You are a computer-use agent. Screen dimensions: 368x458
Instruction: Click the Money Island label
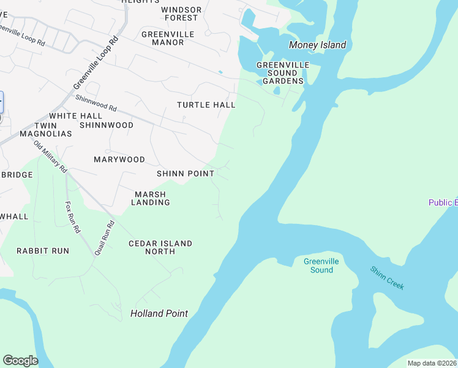[317, 45]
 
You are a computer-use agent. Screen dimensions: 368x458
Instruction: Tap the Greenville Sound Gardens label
[280, 73]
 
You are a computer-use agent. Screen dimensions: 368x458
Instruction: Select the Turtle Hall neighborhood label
[206, 105]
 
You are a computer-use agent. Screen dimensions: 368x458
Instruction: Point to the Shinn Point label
[186, 174]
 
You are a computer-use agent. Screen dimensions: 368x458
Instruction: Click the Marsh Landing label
[151, 198]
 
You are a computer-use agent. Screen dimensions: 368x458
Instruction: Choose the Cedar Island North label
[160, 247]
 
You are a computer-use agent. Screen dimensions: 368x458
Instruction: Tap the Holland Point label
[159, 313]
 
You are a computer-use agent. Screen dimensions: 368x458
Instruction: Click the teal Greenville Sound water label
[321, 266]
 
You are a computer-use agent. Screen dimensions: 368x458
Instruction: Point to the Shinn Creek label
[386, 278]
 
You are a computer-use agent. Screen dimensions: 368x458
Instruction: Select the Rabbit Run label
[43, 251]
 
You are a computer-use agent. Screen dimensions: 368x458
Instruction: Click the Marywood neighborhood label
[119, 159]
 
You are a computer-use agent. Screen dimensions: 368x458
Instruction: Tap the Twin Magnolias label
[46, 129]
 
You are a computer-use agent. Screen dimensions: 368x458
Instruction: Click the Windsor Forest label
[181, 13]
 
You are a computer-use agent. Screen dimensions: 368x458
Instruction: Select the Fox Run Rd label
[72, 218]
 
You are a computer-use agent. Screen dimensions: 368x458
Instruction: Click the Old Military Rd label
[50, 156]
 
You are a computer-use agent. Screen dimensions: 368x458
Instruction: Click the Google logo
[20, 361]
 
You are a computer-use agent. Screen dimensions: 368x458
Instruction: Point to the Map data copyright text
[431, 363]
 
